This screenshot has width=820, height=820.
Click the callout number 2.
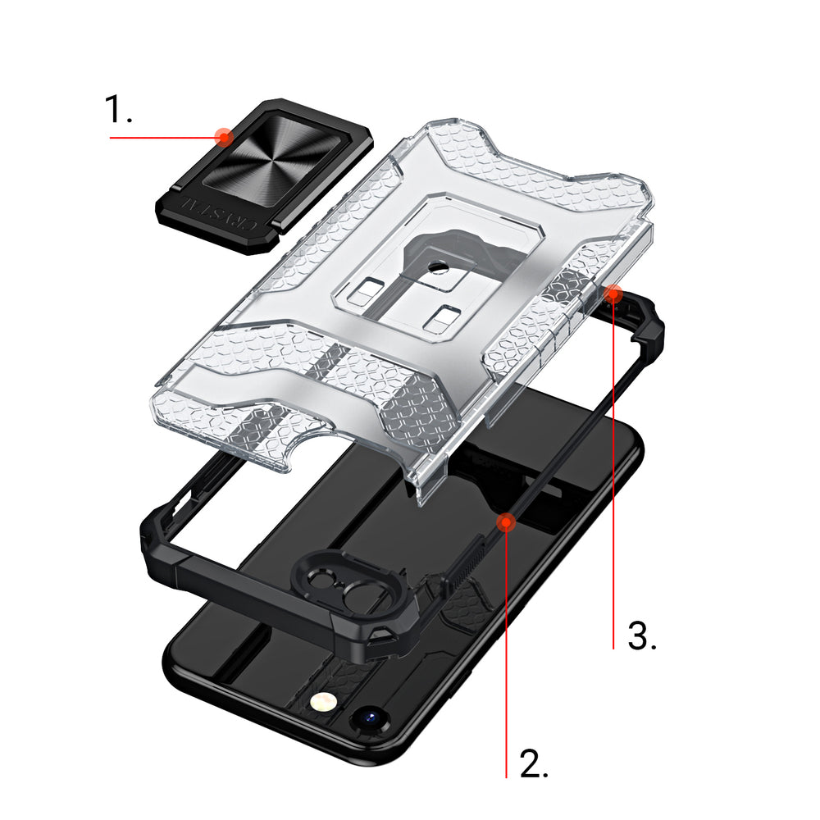pyautogui.click(x=534, y=763)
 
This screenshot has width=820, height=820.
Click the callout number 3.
pyautogui.click(x=642, y=636)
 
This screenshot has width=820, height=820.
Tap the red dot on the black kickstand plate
pyautogui.click(x=224, y=138)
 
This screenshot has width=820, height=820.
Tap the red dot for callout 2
pyautogui.click(x=506, y=522)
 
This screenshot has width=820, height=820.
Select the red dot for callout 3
pyautogui.click(x=613, y=294)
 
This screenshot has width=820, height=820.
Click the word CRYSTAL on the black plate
pyautogui.click(x=218, y=213)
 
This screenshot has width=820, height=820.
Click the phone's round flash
pyautogui.click(x=322, y=702)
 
